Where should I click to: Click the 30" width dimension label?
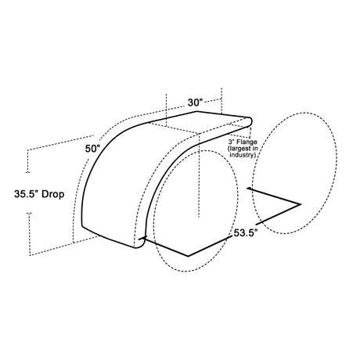click(x=195, y=103)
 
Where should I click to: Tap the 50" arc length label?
click(x=92, y=149)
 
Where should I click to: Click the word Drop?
click(x=53, y=194)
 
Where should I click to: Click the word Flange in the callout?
click(x=246, y=142)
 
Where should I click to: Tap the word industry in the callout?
click(x=241, y=155)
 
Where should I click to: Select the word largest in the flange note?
click(x=238, y=149)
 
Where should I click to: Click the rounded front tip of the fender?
click(x=250, y=121)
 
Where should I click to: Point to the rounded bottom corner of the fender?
click(x=140, y=245)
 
